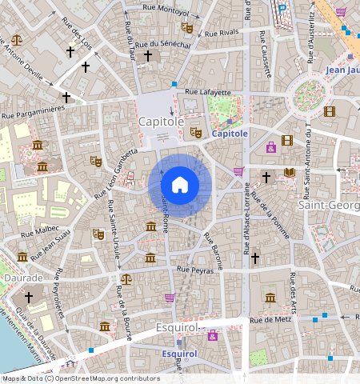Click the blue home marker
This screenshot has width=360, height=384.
tap(180, 185)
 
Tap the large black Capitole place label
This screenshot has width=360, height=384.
tap(161, 122)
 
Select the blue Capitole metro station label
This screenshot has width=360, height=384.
tap(230, 134)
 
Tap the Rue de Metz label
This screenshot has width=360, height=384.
tap(269, 320)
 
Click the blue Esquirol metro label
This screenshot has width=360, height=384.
tap(179, 353)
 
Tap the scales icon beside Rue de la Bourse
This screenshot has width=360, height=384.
tap(126, 279)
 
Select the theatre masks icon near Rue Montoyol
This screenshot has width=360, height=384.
tap(188, 28)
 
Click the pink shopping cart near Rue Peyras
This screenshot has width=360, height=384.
tap(170, 298)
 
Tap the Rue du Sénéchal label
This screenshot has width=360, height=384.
tap(169, 45)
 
